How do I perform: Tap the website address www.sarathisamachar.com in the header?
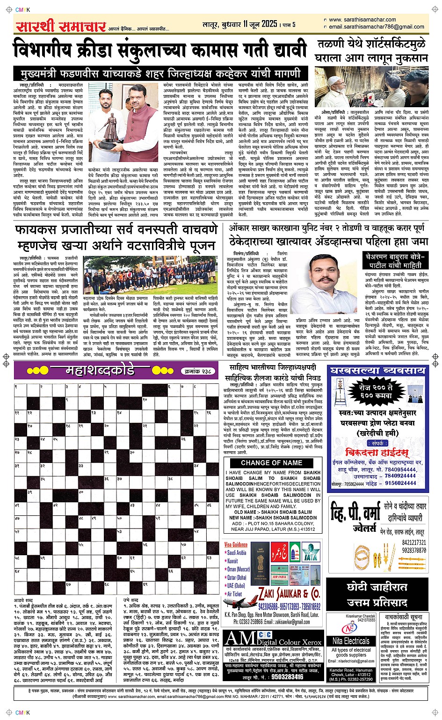point(362,20)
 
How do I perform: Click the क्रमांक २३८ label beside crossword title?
point(198,371)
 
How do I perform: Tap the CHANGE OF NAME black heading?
point(272,463)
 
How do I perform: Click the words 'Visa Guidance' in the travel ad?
point(236,544)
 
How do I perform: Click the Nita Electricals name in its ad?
point(351,641)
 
